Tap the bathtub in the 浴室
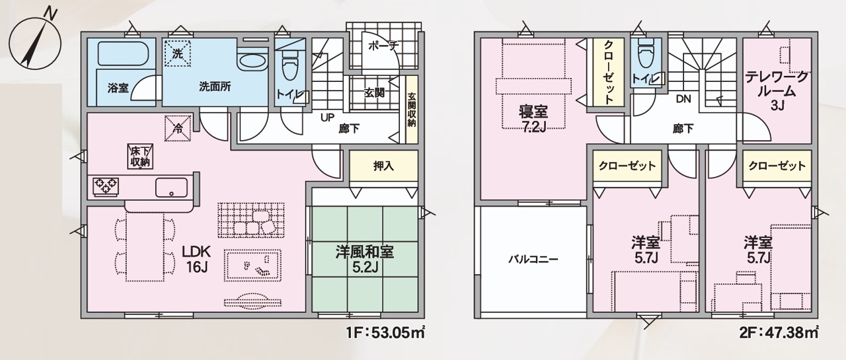pyautogui.click(x=121, y=54)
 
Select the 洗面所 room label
pyautogui.click(x=215, y=87)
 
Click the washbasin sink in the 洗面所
pyautogui.click(x=253, y=61)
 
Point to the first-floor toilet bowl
pyautogui.click(x=290, y=65)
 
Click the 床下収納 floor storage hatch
pyautogui.click(x=141, y=155)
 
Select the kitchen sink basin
pyautogui.click(x=171, y=187)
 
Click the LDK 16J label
pyautogui.click(x=196, y=259)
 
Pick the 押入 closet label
pyautogui.click(x=383, y=166)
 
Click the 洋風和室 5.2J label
pyautogui.click(x=365, y=259)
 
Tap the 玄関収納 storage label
pyautogui.click(x=411, y=110)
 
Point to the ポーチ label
pyautogui.click(x=383, y=46)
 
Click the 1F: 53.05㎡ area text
pyautogui.click(x=385, y=334)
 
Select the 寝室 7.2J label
pyautogui.click(x=533, y=119)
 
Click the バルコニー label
pyautogui.click(x=533, y=260)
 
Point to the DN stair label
pyautogui.click(x=683, y=99)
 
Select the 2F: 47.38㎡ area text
pyautogui.click(x=779, y=334)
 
